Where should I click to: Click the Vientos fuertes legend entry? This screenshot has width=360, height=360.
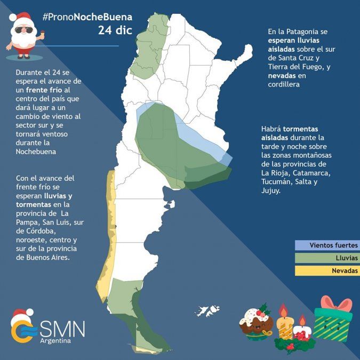(x=327, y=245)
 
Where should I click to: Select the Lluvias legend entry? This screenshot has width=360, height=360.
(x=327, y=258)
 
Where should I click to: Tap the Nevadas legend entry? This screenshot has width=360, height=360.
(x=327, y=271)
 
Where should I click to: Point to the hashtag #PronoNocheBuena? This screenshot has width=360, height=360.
(x=87, y=17)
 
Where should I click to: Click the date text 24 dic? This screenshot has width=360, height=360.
(x=115, y=30)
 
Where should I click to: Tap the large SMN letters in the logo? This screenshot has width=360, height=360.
(x=62, y=327)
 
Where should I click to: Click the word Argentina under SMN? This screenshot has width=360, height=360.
(x=55, y=341)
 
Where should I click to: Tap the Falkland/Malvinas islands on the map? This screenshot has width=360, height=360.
(x=209, y=310)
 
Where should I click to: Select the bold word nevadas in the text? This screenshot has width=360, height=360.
(x=282, y=75)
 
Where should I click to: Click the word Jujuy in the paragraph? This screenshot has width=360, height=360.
(x=271, y=190)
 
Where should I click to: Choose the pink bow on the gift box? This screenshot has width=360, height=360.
(x=336, y=302)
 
